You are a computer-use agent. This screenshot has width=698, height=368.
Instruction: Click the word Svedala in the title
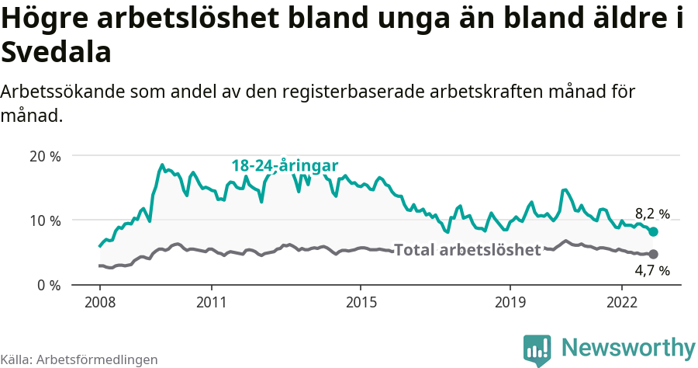[57, 53]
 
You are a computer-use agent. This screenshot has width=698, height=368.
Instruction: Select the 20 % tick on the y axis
[45, 155]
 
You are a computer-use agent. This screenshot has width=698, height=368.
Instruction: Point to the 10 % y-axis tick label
[45, 220]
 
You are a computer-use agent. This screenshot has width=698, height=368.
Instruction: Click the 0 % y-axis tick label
[49, 285]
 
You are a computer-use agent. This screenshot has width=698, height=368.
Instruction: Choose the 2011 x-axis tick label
[212, 301]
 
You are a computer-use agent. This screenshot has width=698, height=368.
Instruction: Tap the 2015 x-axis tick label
[361, 301]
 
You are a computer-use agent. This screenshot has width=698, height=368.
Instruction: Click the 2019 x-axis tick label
[510, 301]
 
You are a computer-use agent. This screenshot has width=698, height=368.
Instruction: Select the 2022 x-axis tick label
[622, 301]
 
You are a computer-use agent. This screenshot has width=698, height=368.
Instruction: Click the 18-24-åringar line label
[285, 166]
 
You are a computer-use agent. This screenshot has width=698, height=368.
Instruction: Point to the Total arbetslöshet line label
[467, 250]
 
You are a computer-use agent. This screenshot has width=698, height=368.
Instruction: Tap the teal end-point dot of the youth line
[653, 231]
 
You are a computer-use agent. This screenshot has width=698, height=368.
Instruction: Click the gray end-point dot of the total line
[653, 254]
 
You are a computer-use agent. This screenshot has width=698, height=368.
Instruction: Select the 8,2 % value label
[651, 214]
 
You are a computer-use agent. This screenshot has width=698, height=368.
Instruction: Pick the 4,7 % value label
[651, 271]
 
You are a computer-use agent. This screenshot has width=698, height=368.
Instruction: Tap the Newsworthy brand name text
[628, 347]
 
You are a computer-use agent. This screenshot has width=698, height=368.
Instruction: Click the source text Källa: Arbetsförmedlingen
[79, 359]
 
